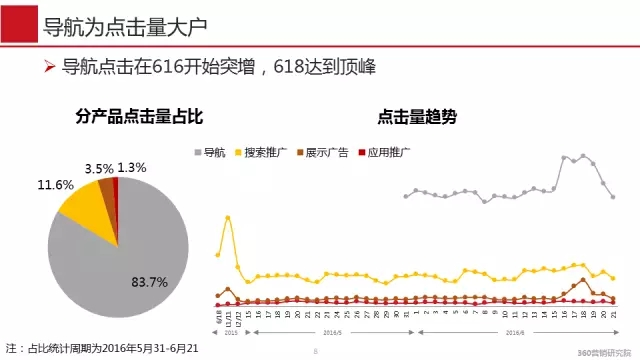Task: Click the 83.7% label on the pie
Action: pos(149,282)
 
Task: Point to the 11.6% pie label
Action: pos(56,186)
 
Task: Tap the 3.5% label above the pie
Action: pos(99,168)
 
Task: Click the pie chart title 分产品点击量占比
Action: pos(125,117)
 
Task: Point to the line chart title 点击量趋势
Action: pos(417,117)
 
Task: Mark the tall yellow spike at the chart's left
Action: pos(229,217)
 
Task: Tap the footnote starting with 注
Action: pos(111,347)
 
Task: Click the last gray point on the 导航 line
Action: pos(613,197)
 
